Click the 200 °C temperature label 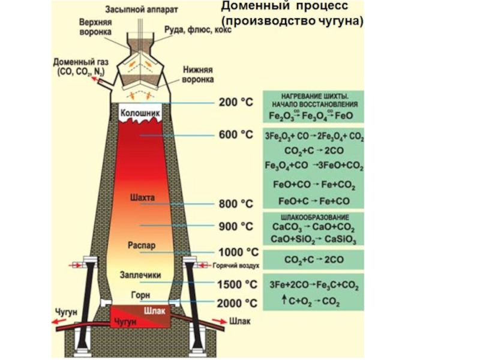(236, 103)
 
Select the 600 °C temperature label (236, 134)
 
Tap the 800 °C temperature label (236, 204)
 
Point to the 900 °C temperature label (236, 227)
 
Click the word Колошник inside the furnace (140, 113)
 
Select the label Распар (142, 246)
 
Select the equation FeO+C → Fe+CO (314, 201)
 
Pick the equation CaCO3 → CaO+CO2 (313, 229)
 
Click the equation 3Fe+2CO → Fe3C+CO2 (313, 284)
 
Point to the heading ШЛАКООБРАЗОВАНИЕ (314, 217)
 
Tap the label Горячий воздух (236, 265)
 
